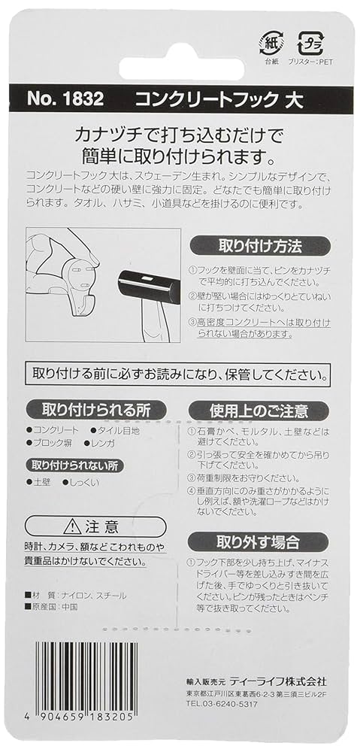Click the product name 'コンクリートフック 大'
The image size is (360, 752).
click(218, 99)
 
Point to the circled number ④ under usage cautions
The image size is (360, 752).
click(190, 491)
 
